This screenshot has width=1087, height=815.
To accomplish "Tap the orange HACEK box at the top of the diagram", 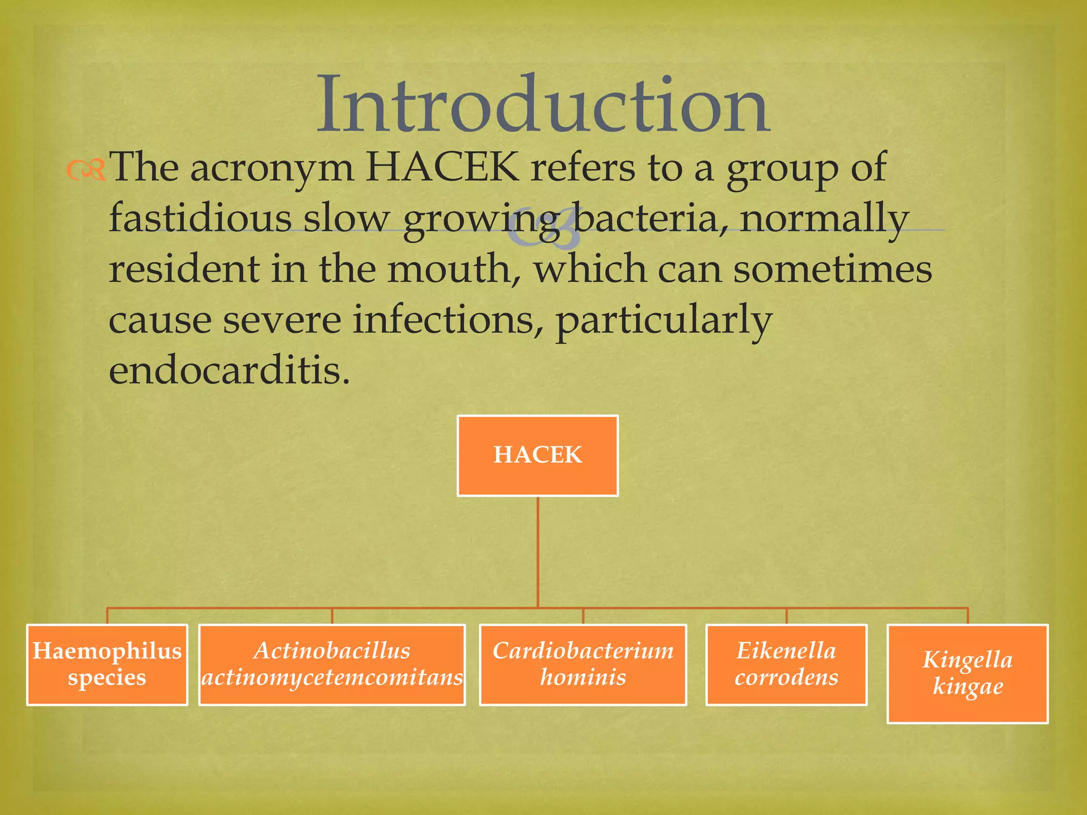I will [538, 455].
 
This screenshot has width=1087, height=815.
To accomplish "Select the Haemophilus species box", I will [107, 664].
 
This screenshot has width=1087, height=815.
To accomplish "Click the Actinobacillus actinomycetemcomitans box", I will [332, 664].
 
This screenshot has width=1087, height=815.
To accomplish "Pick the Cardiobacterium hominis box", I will [583, 664].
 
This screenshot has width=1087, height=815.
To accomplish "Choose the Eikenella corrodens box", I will [786, 664].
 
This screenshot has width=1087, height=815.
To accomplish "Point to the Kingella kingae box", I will [968, 673].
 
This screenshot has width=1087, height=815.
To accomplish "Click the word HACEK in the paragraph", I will [442, 167].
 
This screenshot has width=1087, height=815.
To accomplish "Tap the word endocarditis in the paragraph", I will [229, 370].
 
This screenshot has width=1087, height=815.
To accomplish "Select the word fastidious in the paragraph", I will [200, 218].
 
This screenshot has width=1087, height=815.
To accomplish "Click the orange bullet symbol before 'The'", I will [85, 170].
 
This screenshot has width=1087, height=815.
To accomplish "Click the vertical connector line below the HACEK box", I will [538, 552].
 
